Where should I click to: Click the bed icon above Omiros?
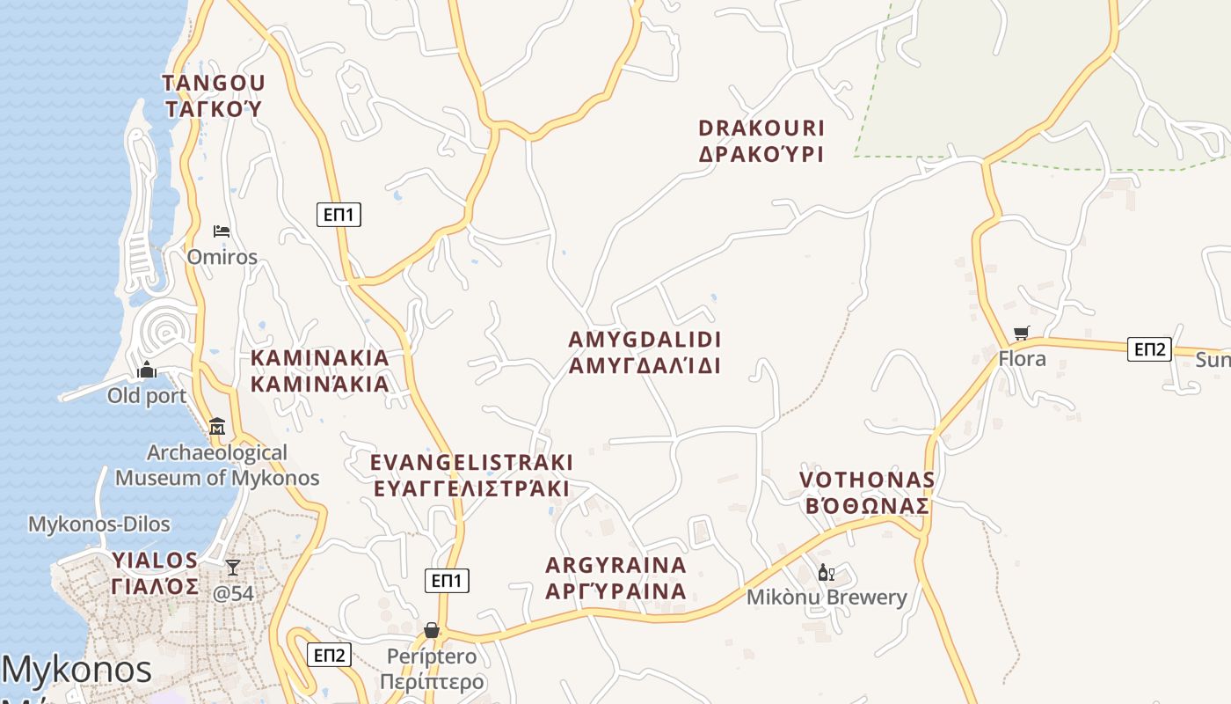(x=222, y=231)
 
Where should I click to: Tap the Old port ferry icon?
(x=148, y=370)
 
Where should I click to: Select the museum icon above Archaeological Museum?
(x=217, y=427)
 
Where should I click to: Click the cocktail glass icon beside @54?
(x=233, y=568)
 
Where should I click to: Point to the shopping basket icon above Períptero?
(x=432, y=630)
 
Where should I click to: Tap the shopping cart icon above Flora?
(x=1021, y=334)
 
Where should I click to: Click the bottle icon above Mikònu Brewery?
(x=826, y=573)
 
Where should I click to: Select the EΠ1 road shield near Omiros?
(x=339, y=214)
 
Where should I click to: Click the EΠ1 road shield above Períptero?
(x=447, y=581)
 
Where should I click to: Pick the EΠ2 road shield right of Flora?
(x=1149, y=349)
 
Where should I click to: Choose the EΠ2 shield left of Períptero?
(x=329, y=655)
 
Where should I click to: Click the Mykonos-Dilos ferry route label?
(x=98, y=524)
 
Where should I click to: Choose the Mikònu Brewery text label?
(x=827, y=598)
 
